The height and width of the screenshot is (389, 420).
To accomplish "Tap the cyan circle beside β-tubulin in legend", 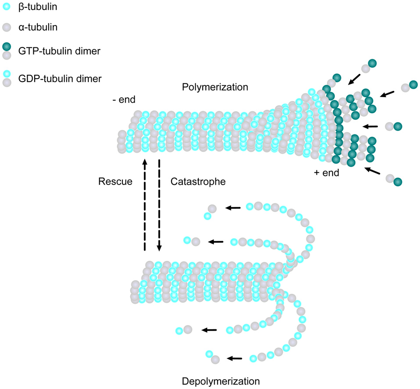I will [7, 7].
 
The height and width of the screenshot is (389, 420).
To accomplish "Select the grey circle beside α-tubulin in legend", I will [7, 28].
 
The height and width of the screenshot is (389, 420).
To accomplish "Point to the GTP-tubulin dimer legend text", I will [59, 51].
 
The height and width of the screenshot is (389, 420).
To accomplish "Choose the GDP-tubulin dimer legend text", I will [60, 79].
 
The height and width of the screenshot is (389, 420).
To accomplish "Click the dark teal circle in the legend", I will [7, 47].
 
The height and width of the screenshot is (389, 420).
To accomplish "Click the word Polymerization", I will [215, 87].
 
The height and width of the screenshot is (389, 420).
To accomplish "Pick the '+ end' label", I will [327, 173].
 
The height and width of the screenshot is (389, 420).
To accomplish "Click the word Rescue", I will [115, 181].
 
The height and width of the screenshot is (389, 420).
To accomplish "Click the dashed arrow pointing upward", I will [144, 205].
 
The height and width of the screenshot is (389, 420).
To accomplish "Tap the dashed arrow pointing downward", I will [159, 205].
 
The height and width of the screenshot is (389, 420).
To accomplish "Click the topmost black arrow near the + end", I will [354, 79].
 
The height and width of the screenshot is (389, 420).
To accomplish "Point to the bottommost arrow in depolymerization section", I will [234, 358].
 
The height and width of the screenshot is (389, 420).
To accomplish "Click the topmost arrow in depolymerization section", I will [233, 208].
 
